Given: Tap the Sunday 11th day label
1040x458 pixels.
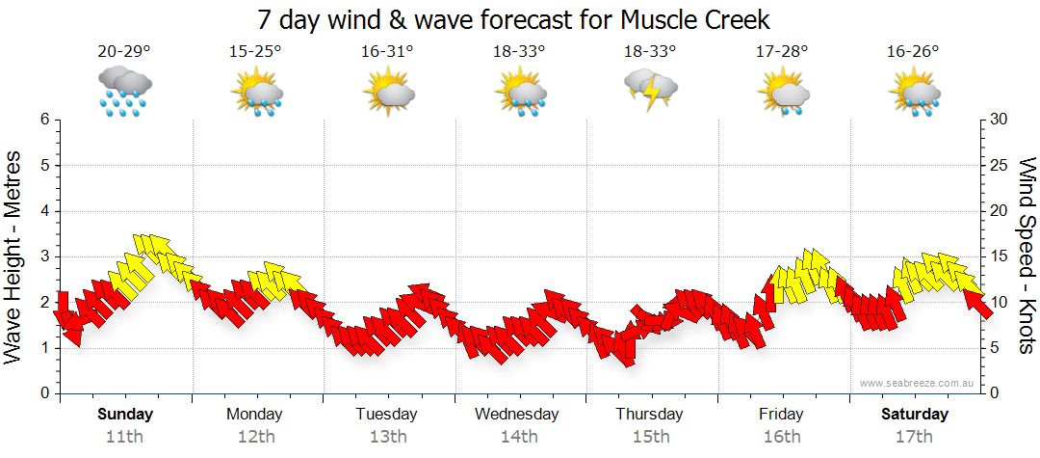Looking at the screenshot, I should click(125, 424).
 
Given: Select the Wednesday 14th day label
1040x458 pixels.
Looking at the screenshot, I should click(517, 424).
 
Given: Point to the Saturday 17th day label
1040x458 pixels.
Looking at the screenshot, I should click(915, 424).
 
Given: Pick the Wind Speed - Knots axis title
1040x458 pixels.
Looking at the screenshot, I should click(1027, 256).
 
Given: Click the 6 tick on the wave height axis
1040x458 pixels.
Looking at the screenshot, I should click(43, 120).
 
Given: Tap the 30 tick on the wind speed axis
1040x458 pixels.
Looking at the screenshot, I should click(999, 120).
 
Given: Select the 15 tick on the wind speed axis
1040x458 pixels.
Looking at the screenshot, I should click(999, 256).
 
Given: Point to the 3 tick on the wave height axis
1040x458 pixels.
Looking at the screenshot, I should click(43, 256).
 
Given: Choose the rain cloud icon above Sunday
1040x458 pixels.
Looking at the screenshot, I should click(125, 91).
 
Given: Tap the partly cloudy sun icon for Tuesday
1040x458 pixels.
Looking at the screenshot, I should click(388, 93).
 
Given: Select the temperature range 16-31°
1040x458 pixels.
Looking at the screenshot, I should click(387, 52).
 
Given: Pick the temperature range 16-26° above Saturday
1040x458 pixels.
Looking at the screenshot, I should click(913, 52).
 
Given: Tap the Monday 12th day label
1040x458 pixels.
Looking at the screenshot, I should click(255, 424).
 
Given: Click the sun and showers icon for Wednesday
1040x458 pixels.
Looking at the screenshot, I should click(520, 93).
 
